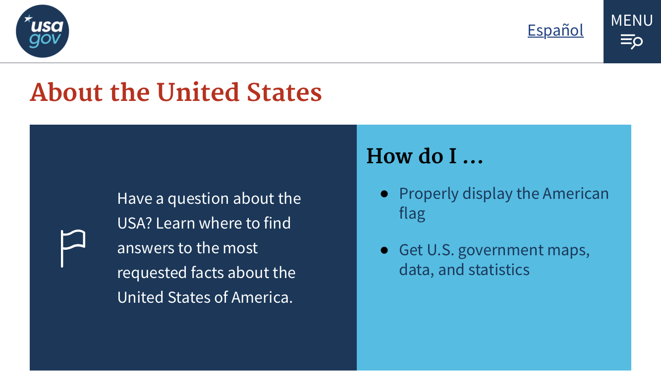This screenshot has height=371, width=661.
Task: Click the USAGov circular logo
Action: [x=43, y=31]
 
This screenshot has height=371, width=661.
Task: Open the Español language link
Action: [x=555, y=30]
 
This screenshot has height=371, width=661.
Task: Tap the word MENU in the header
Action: [x=631, y=20]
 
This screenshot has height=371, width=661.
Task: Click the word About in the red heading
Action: [x=66, y=92]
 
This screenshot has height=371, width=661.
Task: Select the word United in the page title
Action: [x=198, y=92]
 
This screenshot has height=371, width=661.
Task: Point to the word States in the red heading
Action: [x=284, y=92]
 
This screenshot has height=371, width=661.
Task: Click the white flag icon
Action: [x=73, y=248]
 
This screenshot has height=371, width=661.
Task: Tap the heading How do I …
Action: [x=425, y=156]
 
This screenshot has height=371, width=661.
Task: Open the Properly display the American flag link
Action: [x=504, y=203]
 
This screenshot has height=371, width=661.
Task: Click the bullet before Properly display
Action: [x=384, y=193]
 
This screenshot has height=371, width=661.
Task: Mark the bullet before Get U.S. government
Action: [x=384, y=250]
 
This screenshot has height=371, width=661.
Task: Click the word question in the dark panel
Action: [x=198, y=199]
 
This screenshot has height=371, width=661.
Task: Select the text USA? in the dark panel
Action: [x=135, y=223]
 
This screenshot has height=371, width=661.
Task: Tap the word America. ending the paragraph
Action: [x=262, y=297]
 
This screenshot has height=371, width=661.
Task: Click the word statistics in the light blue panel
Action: [x=498, y=270]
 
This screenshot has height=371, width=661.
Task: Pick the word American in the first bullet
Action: [x=575, y=193]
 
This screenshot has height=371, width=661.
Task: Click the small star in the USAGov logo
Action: [x=28, y=19]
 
